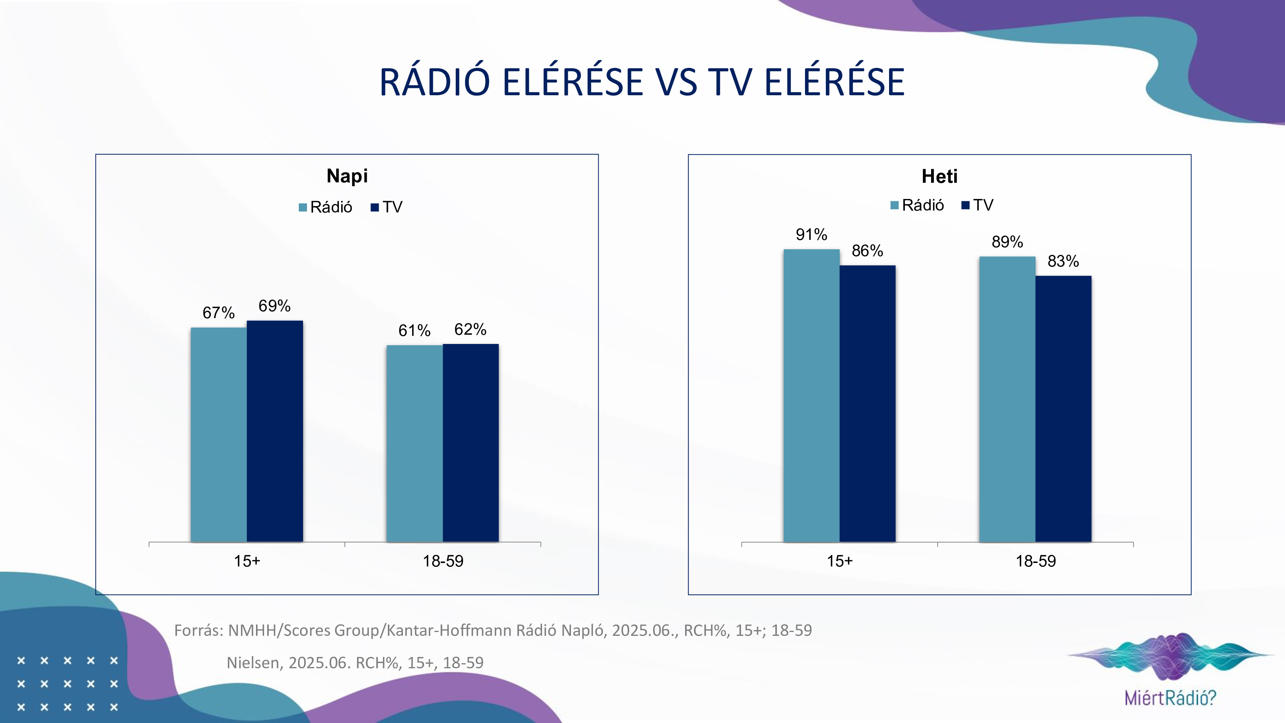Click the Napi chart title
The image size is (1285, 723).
(x=347, y=176)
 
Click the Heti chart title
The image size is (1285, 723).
(x=939, y=177)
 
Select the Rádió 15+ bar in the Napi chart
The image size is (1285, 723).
(x=219, y=434)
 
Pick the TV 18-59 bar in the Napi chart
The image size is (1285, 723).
(x=470, y=443)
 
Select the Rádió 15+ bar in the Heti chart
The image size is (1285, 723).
(x=811, y=395)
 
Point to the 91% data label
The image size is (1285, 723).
(x=811, y=234)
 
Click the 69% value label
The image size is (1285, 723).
(x=275, y=306)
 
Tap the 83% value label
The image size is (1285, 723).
(x=1063, y=261)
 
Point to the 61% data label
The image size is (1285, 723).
(x=414, y=330)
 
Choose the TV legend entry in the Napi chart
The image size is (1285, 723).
(x=387, y=207)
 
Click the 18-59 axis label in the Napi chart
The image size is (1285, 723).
(x=443, y=561)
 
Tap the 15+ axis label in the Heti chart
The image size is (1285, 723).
(x=840, y=561)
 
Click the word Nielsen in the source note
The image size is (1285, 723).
(x=253, y=662)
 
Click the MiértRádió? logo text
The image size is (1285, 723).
(x=1170, y=698)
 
